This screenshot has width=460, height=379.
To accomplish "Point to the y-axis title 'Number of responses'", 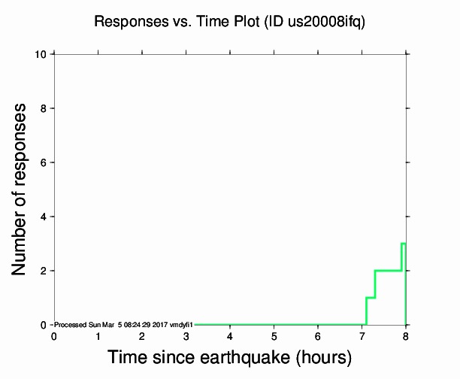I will pyautogui.click(x=22, y=189).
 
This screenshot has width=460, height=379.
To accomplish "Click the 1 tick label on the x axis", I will pyautogui.click(x=98, y=335).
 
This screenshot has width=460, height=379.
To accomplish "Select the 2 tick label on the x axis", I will pyautogui.click(x=142, y=335).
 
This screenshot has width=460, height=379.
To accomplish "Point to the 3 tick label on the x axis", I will pyautogui.click(x=186, y=335).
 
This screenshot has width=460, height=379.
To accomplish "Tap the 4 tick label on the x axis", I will pyautogui.click(x=230, y=335).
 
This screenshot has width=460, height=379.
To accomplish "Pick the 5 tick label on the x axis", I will pyautogui.click(x=274, y=335).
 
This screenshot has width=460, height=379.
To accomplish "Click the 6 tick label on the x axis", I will pyautogui.click(x=318, y=335).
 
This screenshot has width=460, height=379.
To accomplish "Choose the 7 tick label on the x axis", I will pyautogui.click(x=362, y=335).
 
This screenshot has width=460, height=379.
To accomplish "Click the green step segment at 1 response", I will pyautogui.click(x=370, y=298).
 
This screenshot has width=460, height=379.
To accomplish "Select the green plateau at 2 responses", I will pyautogui.click(x=388, y=271).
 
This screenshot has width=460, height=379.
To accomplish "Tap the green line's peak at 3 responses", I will pyautogui.click(x=404, y=244).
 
